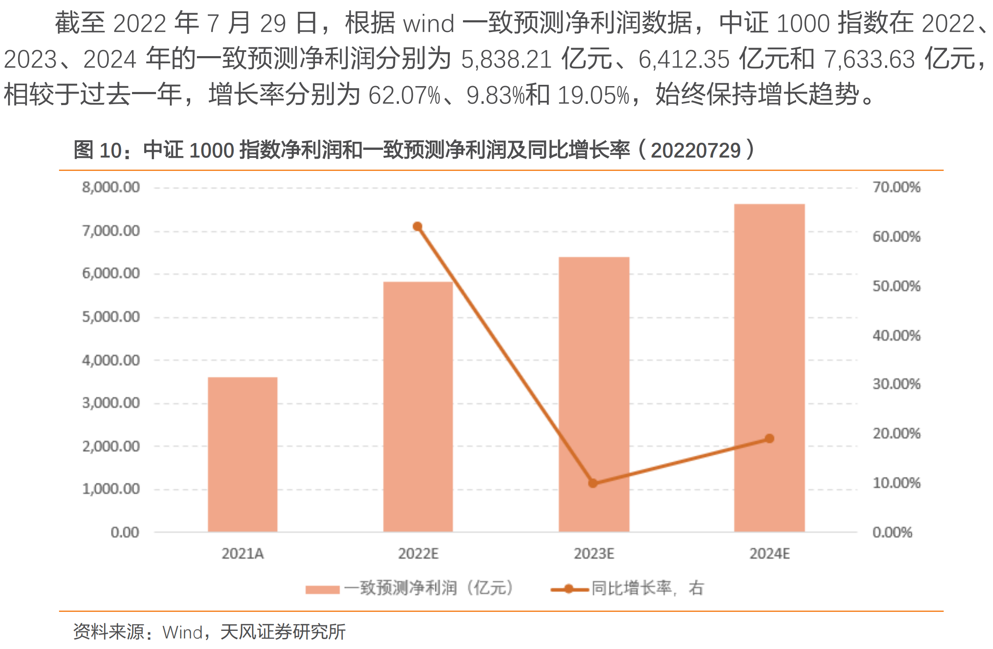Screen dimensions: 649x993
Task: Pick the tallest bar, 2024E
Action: pyautogui.click(x=769, y=368)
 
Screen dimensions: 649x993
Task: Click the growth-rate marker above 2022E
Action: pyautogui.click(x=417, y=227)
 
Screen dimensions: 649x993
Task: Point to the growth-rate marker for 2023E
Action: pyautogui.click(x=593, y=483)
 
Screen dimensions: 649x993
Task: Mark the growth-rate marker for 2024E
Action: pyautogui.click(x=770, y=439)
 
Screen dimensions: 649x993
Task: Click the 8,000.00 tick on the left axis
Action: pyautogui.click(x=111, y=187)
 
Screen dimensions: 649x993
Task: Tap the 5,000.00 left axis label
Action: pyautogui.click(x=111, y=316)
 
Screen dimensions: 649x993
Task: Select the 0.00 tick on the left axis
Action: pyautogui.click(x=125, y=532)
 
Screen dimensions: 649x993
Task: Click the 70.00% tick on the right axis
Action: pyautogui.click(x=896, y=187)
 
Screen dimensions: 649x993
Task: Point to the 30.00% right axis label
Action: pyautogui.click(x=896, y=384)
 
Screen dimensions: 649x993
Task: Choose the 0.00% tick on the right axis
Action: pyautogui.click(x=892, y=532)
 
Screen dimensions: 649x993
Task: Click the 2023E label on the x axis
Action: pyautogui.click(x=594, y=553)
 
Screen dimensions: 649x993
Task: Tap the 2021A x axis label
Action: pyautogui.click(x=242, y=553)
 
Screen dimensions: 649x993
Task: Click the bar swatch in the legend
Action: pyautogui.click(x=323, y=589)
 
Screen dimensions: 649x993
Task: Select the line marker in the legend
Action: pyautogui.click(x=569, y=589)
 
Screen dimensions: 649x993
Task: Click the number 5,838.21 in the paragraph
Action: pyautogui.click(x=506, y=59)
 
